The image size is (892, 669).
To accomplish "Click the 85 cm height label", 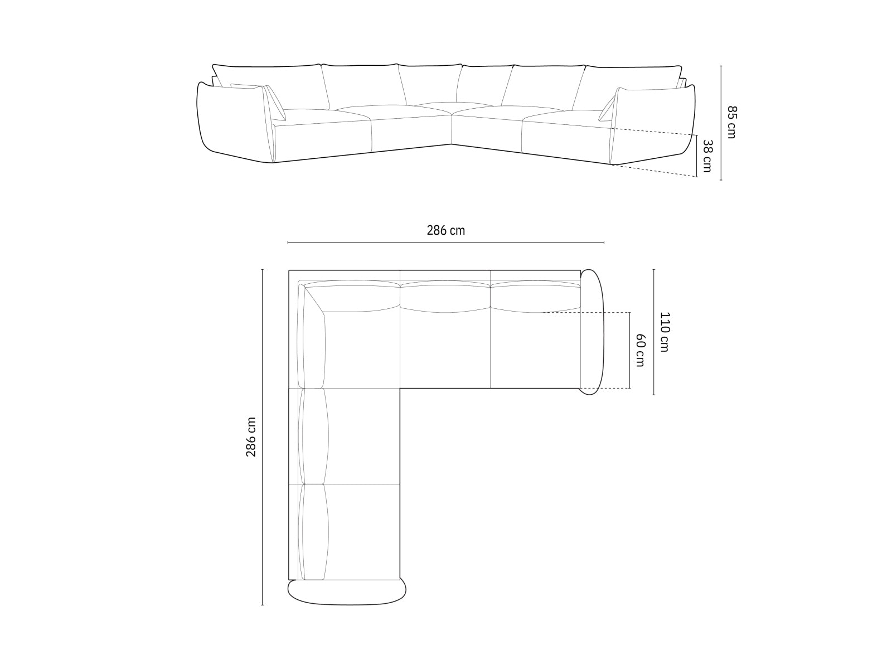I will [x=731, y=122].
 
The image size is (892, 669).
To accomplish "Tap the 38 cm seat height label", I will [x=707, y=156].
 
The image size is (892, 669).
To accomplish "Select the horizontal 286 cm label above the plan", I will [x=445, y=230].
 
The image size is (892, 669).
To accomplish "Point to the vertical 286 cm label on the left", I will [x=251, y=437].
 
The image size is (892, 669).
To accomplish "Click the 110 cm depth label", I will [x=664, y=332].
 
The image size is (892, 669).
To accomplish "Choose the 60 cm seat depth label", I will [x=640, y=350].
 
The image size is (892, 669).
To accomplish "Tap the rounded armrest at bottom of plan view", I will [x=347, y=591].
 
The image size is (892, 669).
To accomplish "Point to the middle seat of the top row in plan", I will [x=445, y=348].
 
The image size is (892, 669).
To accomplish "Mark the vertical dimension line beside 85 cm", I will [x=721, y=123].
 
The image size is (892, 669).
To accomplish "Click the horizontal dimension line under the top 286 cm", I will [x=445, y=243].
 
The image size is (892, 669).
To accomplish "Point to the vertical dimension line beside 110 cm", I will [x=653, y=332].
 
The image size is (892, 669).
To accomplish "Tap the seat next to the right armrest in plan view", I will [x=535, y=348].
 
